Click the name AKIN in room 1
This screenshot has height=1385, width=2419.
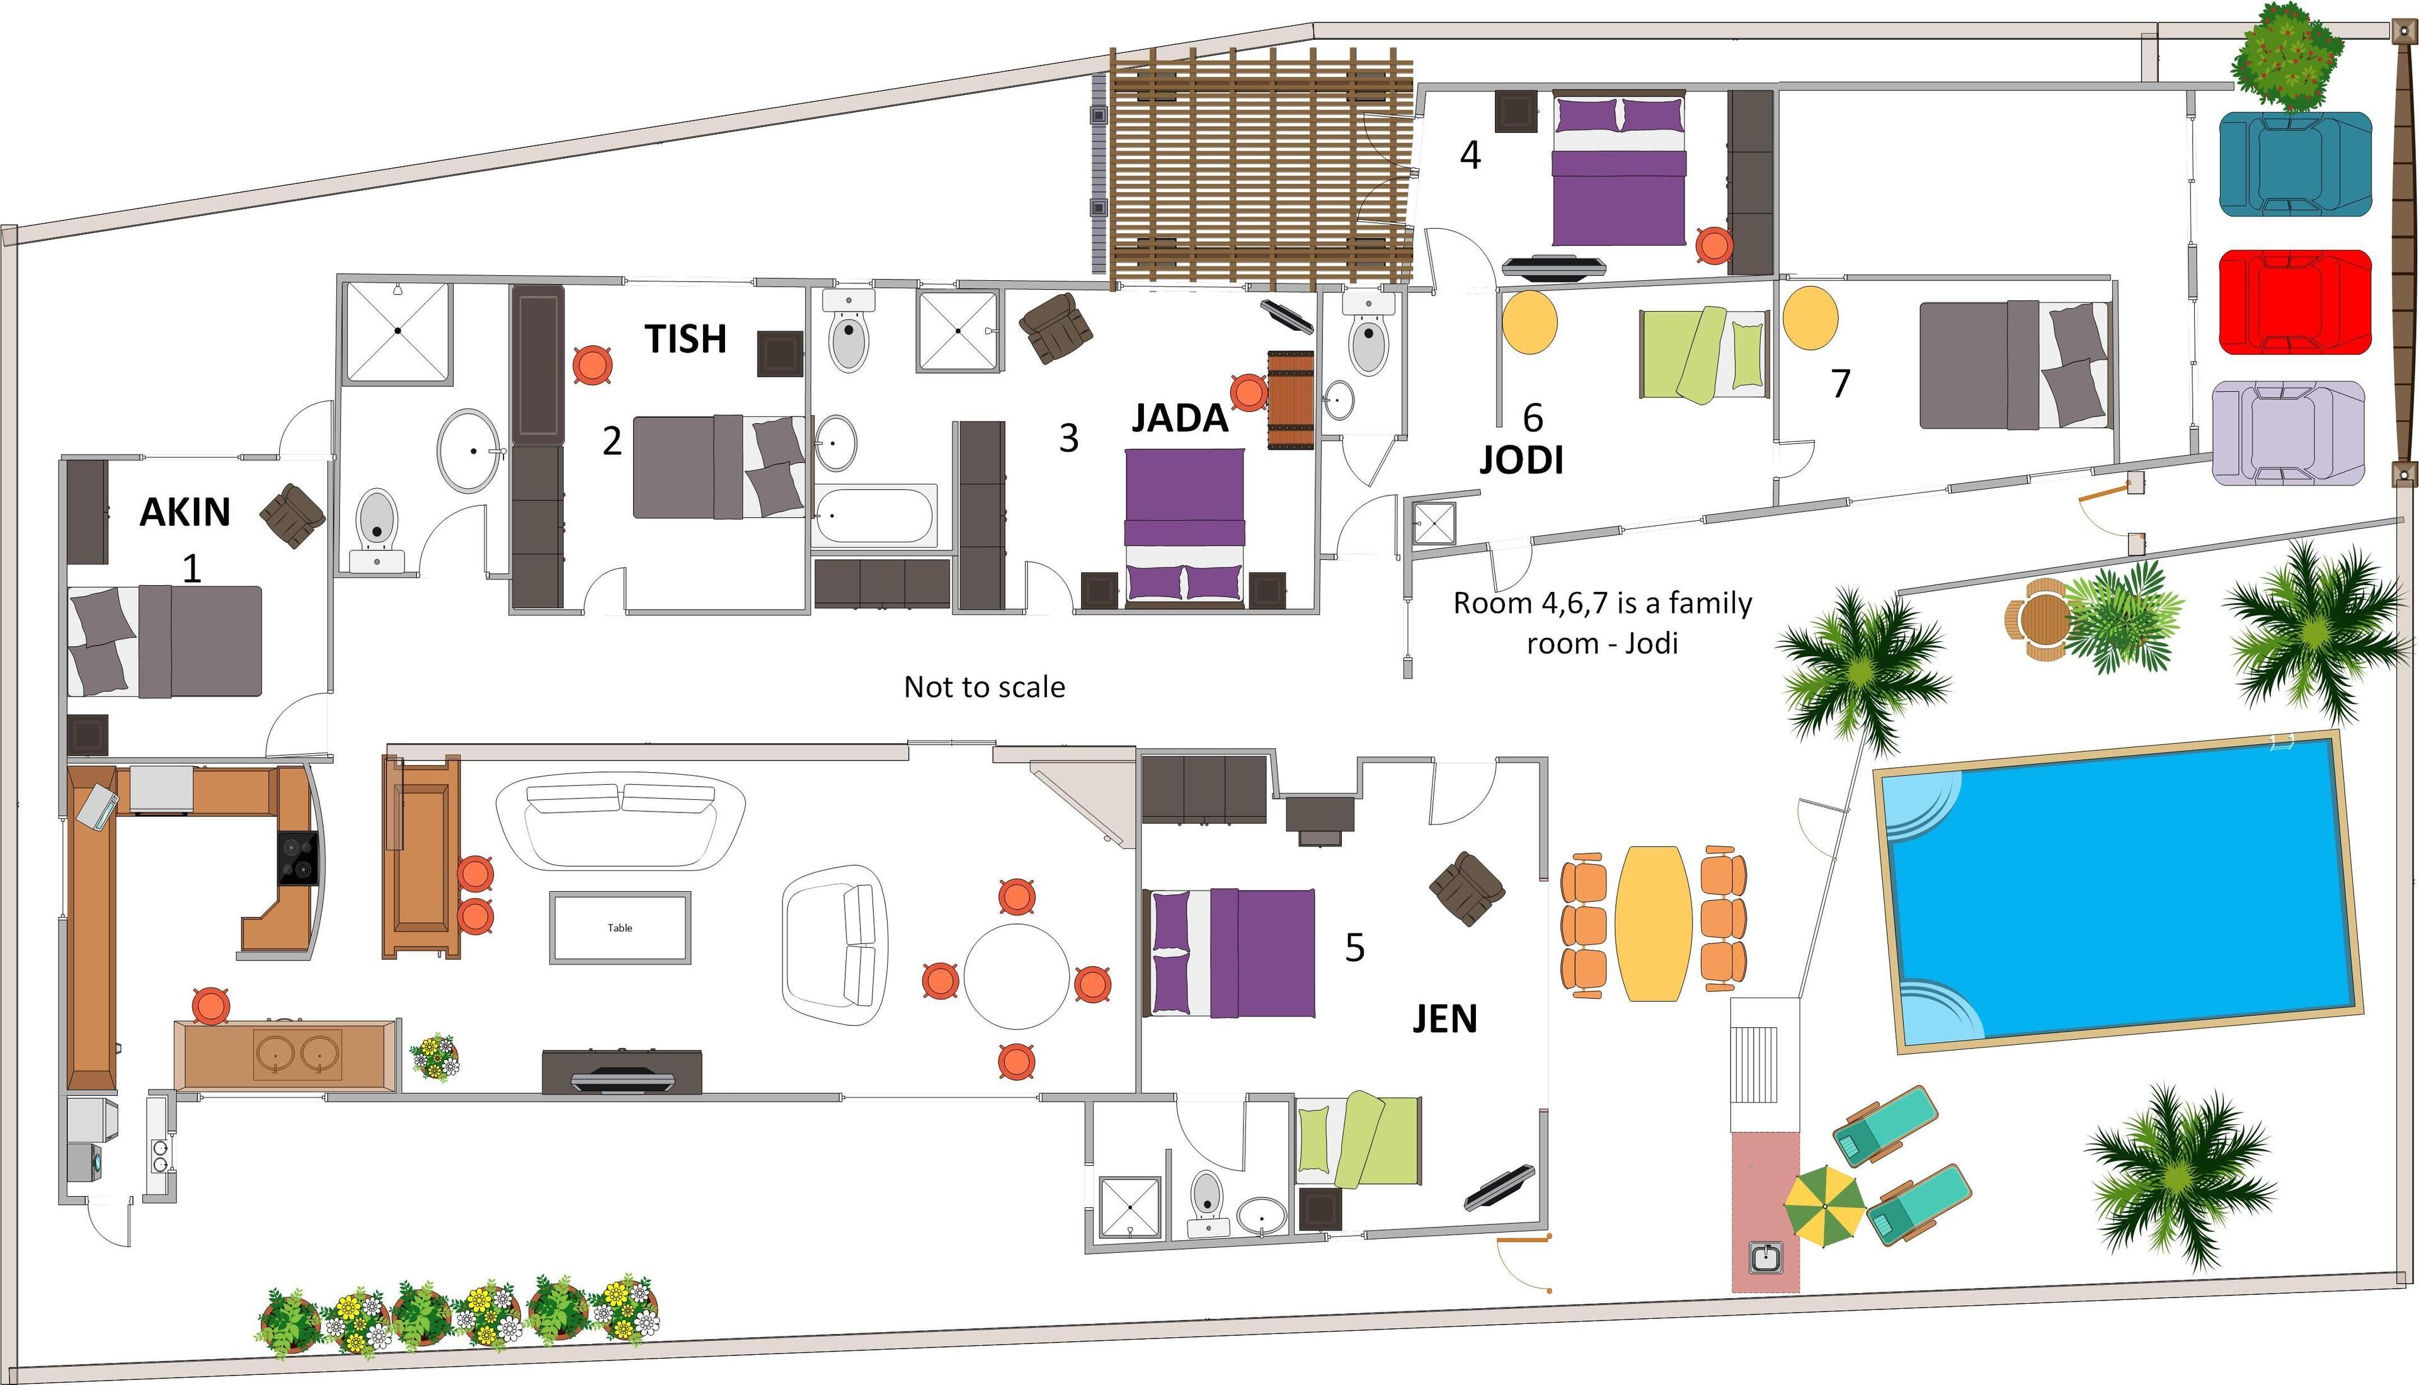pyautogui.click(x=185, y=513)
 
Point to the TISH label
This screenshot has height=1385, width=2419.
pyautogui.click(x=685, y=339)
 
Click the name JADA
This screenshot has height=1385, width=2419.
pyautogui.click(x=1179, y=419)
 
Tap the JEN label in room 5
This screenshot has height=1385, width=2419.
pyautogui.click(x=1444, y=1019)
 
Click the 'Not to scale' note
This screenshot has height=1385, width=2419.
pyautogui.click(x=983, y=687)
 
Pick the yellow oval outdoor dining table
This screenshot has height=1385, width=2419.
pyautogui.click(x=1653, y=923)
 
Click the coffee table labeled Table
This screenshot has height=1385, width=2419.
pyautogui.click(x=620, y=928)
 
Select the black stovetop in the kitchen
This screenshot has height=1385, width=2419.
pyautogui.click(x=298, y=858)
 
